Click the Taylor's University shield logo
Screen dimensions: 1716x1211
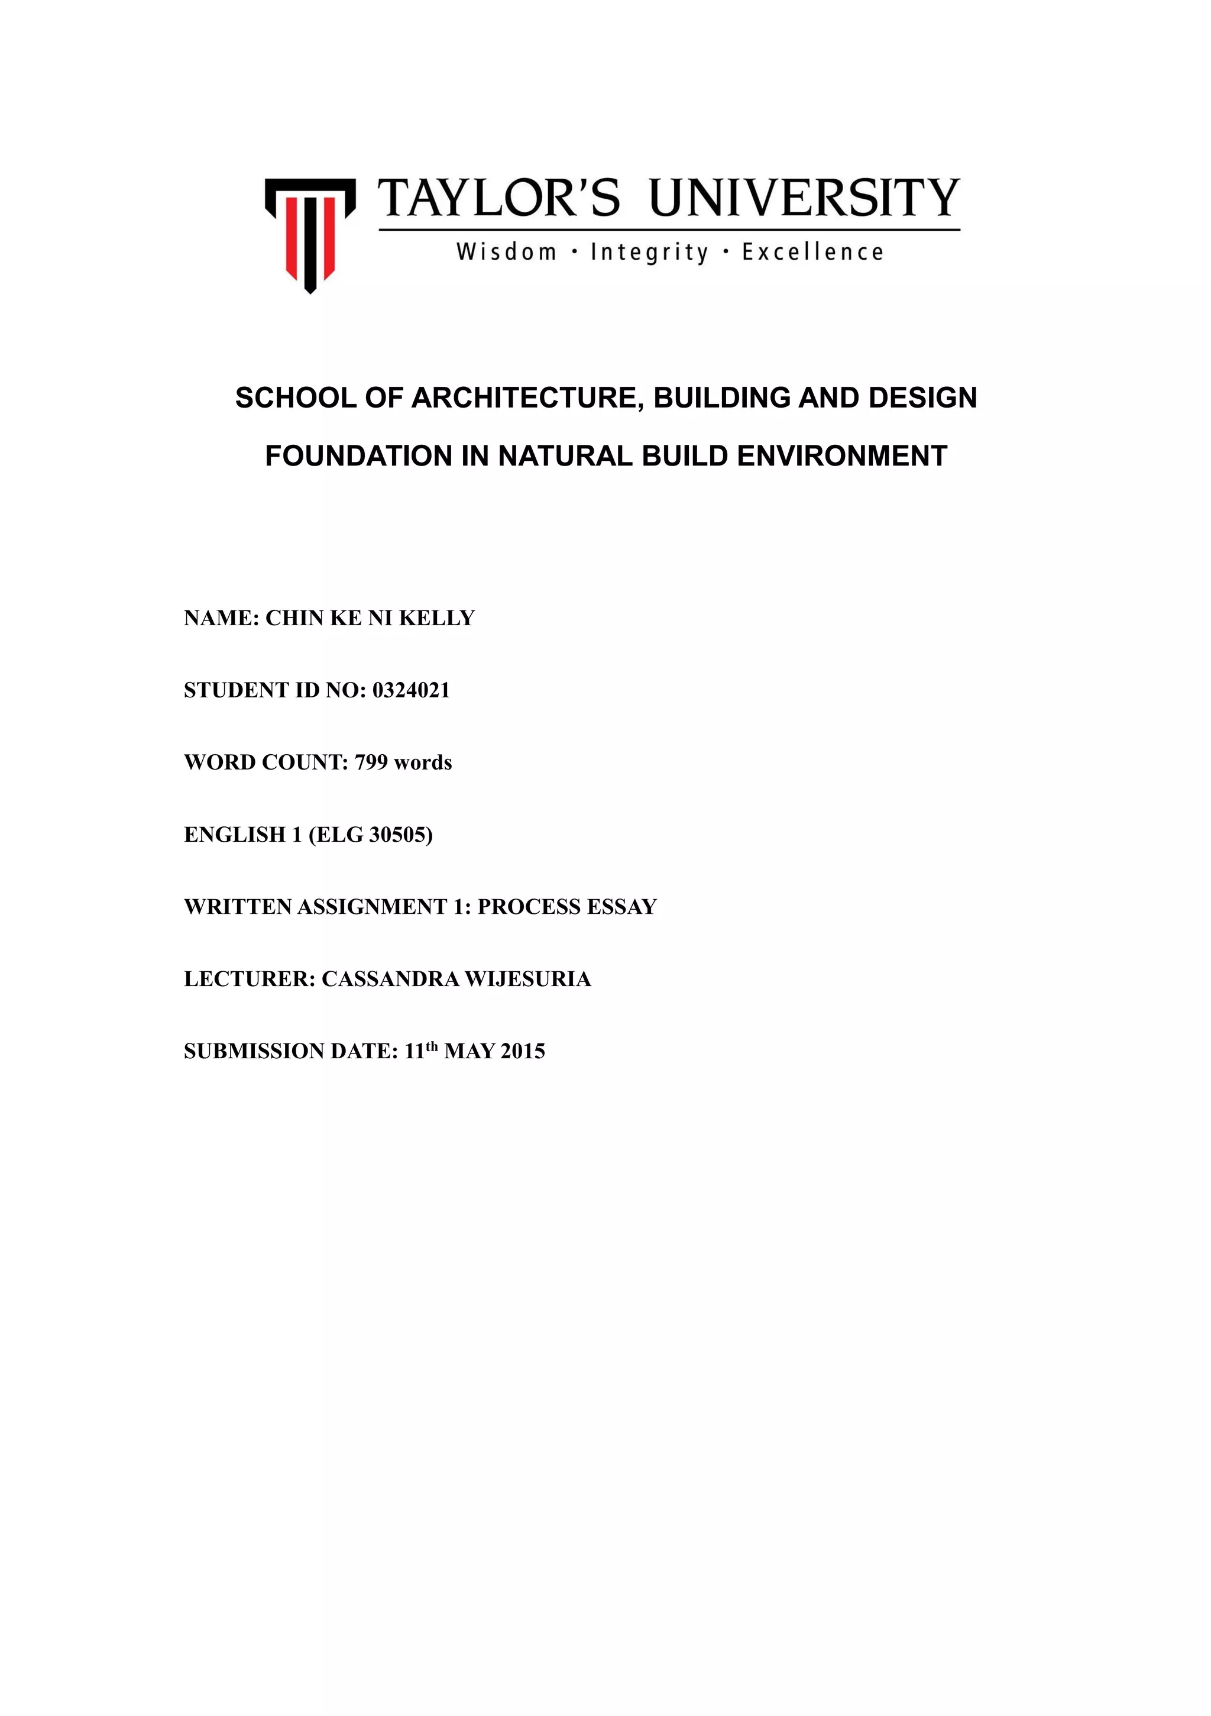[309, 233]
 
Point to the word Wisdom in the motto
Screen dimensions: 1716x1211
[507, 253]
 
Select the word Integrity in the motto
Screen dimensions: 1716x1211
[649, 253]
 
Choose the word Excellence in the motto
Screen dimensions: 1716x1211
[813, 253]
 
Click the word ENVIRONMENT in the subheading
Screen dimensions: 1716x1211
[842, 456]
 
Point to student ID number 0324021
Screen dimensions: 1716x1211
[411, 690]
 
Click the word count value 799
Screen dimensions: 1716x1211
[371, 762]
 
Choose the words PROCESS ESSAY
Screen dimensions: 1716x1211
[567, 907]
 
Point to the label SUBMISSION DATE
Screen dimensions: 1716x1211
[289, 1052]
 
